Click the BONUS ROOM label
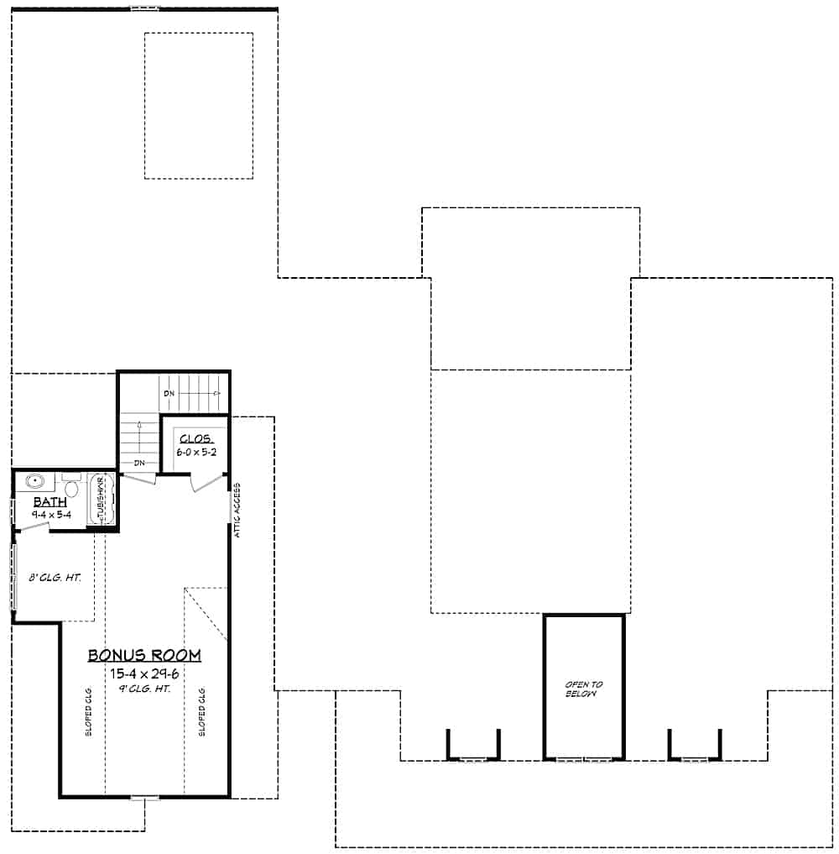145,655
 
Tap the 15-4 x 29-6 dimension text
145,673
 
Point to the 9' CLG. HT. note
145,689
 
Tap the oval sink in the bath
35,483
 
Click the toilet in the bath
72,487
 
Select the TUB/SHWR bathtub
100,500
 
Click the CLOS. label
195,439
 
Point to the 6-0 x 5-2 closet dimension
195,452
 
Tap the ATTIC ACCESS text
238,511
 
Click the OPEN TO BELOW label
583,689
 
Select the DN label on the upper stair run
169,393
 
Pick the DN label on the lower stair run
138,463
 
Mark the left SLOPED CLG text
88,712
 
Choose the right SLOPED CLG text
202,712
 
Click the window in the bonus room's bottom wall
144,798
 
